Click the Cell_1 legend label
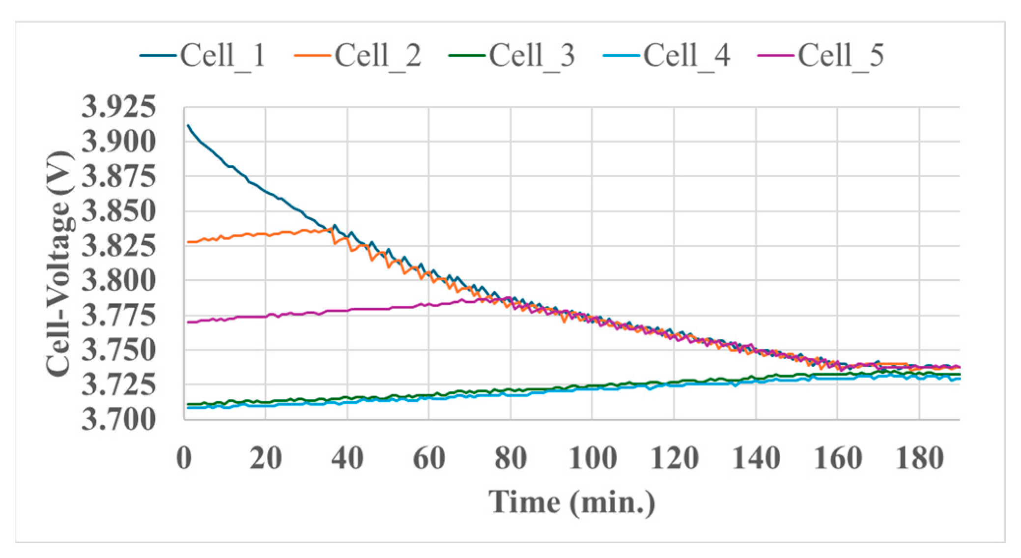[223, 55]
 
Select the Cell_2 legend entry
[377, 55]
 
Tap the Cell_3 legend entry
[532, 55]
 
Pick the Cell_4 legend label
[686, 55]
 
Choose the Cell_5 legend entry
[841, 55]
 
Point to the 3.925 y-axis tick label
[118, 107]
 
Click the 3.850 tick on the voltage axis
[118, 211]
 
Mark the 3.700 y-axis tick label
[118, 420]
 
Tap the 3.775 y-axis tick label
[118, 316]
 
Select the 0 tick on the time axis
[184, 458]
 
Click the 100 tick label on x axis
[592, 458]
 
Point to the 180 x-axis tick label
[919, 458]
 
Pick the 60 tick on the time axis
[429, 458]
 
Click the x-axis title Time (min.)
[572, 502]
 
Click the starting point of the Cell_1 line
[188, 125]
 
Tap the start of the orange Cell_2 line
[188, 242]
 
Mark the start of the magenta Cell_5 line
[188, 322]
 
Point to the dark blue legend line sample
[158, 56]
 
